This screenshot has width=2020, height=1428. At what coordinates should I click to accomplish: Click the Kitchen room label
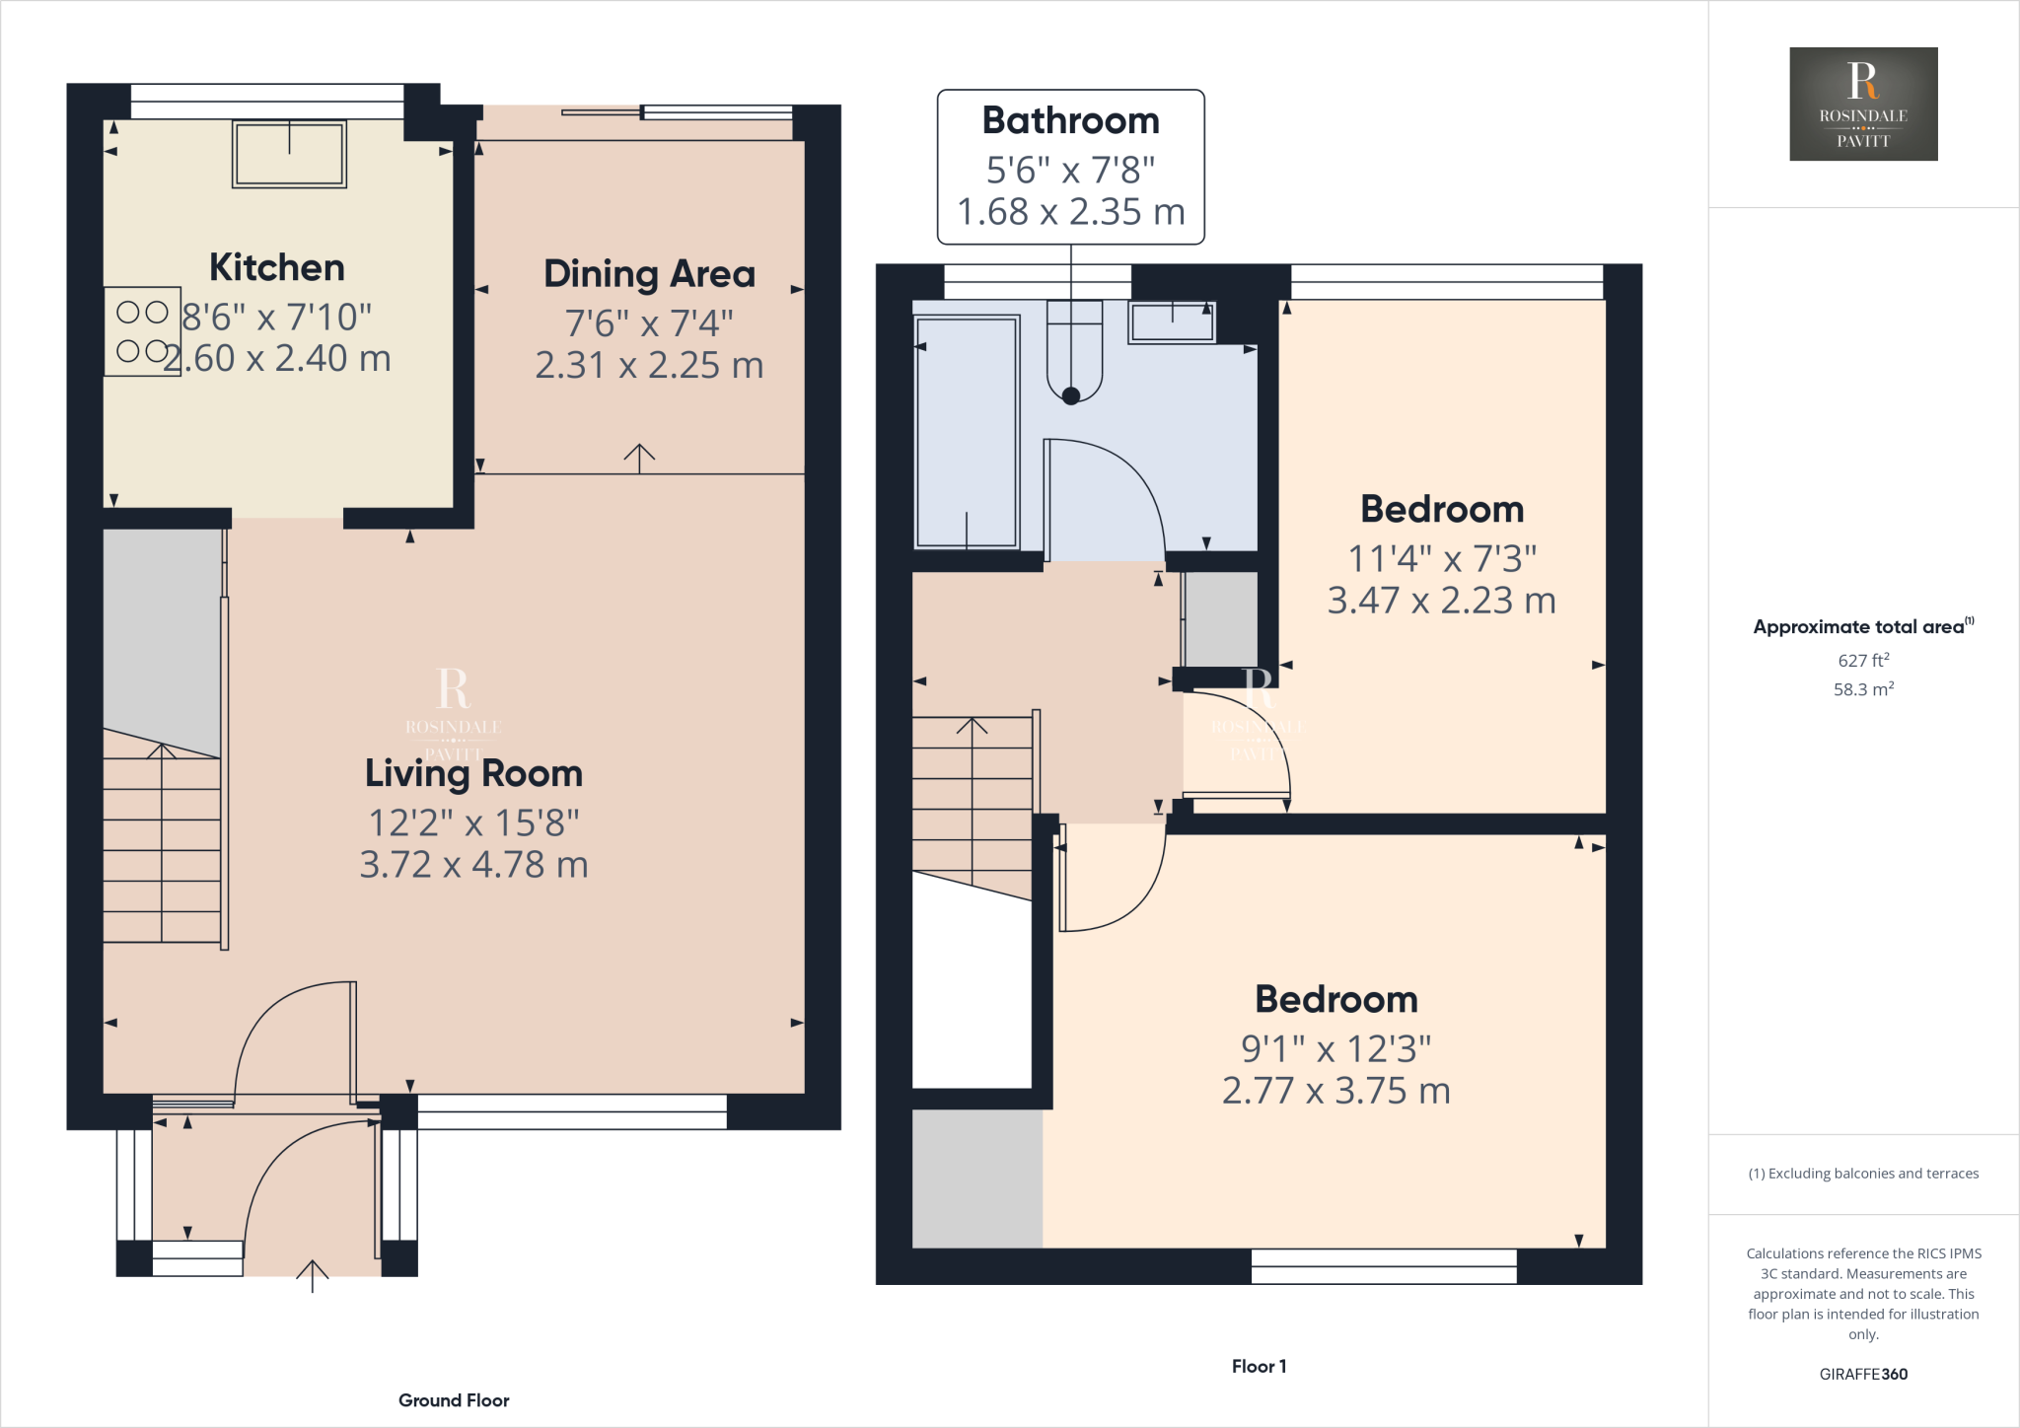pos(277,268)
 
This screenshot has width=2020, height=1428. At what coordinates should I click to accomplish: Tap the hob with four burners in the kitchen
pos(142,331)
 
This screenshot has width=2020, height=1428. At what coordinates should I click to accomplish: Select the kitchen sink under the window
pos(289,154)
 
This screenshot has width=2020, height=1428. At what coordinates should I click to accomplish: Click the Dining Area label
pos(649,274)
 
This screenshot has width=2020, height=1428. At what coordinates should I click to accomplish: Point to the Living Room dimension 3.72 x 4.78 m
pos(473,865)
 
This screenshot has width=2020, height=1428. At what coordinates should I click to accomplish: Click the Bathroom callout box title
pos(1070,120)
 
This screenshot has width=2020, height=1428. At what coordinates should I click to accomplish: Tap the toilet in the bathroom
pos(1073,351)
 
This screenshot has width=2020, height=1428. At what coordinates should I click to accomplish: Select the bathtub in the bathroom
pos(967,431)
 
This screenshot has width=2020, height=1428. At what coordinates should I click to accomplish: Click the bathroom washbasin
pos(1172,321)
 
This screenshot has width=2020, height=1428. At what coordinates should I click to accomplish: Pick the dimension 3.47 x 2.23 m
pos(1441,601)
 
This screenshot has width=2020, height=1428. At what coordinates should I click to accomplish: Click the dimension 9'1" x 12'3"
pos(1335,1049)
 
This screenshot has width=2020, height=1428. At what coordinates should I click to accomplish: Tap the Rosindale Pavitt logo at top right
pos(1863,104)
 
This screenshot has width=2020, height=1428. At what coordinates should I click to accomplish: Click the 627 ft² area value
pos(1863,661)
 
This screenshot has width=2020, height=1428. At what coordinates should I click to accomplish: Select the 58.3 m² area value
pos(1863,689)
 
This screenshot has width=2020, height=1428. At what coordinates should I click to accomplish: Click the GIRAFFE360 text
pos(1863,1374)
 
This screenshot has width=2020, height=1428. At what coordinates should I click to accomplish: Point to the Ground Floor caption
pos(454,1400)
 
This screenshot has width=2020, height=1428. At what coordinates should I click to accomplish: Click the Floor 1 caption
pos(1259,1366)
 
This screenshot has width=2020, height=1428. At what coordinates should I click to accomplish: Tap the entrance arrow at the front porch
pos(312,1275)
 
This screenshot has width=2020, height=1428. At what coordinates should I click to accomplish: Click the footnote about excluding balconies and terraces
pos(1863,1174)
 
